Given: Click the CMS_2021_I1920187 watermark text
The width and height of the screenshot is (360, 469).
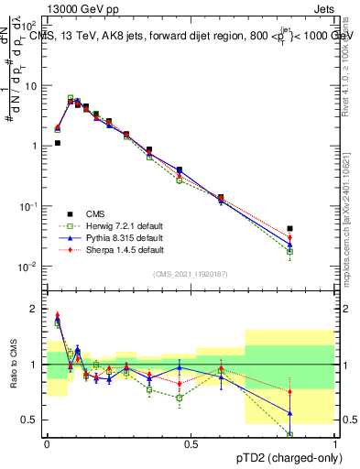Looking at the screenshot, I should [191, 274].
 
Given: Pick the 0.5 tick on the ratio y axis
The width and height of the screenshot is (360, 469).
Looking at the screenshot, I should [33, 420].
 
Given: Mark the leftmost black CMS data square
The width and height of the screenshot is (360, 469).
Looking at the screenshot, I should [57, 143].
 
